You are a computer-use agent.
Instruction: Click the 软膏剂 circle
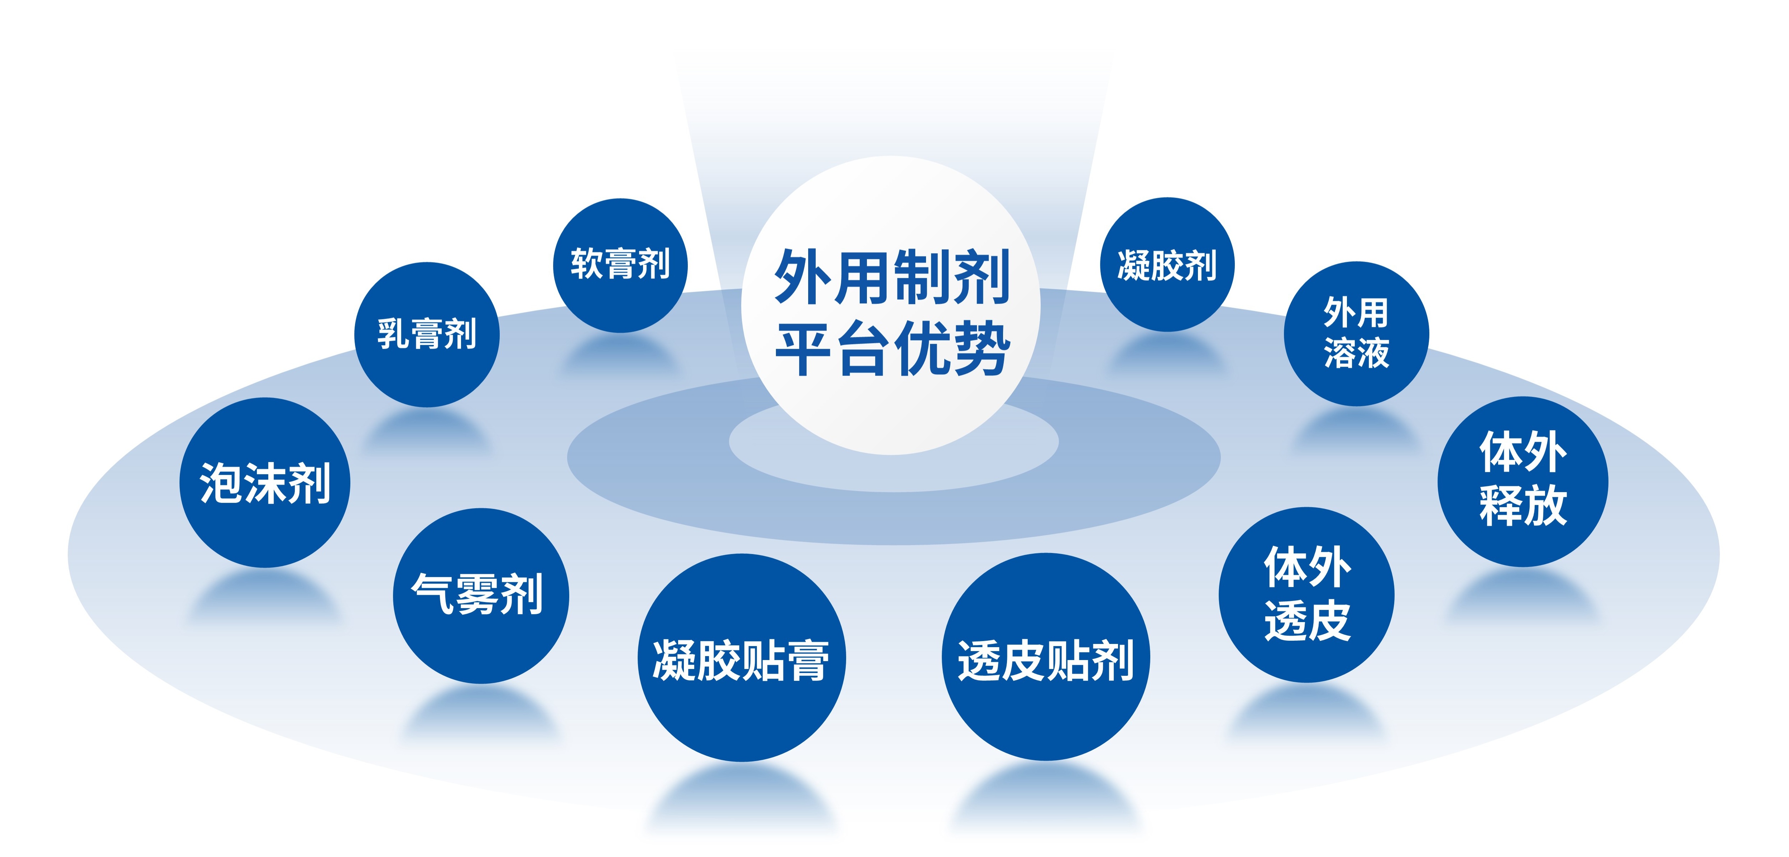click(620, 265)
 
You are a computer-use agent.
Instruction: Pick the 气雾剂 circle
click(481, 596)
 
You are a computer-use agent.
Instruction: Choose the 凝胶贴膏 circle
click(742, 658)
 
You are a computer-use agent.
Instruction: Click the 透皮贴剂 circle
click(1046, 657)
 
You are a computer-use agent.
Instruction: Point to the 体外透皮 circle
click(1306, 594)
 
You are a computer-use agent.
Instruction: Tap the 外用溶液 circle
click(1356, 333)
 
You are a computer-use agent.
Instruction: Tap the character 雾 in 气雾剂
click(476, 594)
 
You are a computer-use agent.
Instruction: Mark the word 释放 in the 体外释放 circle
click(1523, 505)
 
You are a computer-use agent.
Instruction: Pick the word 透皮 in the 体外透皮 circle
click(1307, 620)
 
